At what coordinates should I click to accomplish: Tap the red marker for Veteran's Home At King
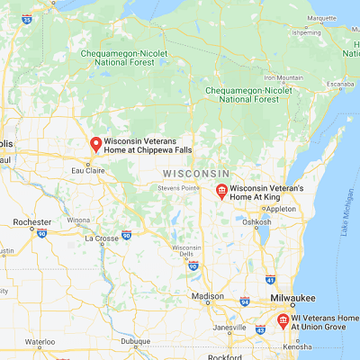(x=220, y=190)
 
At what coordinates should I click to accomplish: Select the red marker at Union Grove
(x=282, y=320)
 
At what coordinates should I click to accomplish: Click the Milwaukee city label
(x=292, y=298)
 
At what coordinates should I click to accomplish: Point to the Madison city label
(x=208, y=296)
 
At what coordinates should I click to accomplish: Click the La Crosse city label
(x=101, y=238)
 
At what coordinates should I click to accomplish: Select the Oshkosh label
(x=256, y=221)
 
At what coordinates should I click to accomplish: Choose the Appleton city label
(x=281, y=208)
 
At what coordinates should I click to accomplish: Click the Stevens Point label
(x=177, y=187)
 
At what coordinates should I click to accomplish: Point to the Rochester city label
(x=31, y=221)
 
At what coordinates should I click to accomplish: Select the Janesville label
(x=229, y=327)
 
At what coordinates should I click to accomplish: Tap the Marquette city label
(x=321, y=17)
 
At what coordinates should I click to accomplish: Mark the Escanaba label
(x=337, y=85)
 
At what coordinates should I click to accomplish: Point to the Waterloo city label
(x=40, y=342)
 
